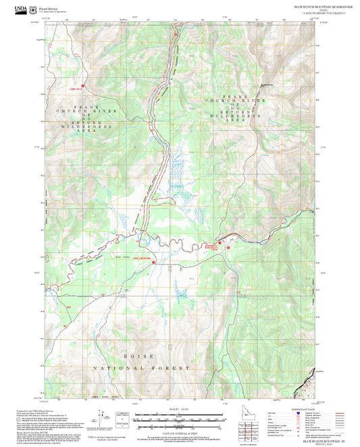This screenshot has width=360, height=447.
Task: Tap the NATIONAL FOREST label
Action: [x=138, y=368]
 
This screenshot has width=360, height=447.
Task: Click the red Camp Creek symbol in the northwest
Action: [x=82, y=86]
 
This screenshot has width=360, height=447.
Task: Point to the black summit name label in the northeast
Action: [x=268, y=84]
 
